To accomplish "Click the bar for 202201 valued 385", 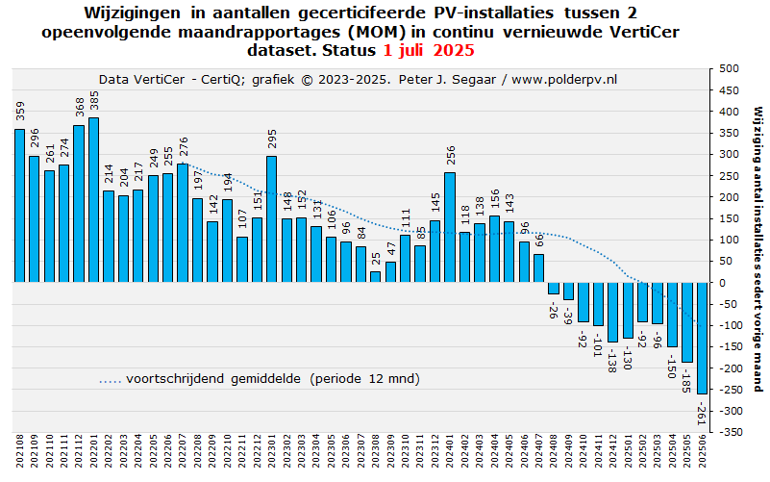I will point(93,200).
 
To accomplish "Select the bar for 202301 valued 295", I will point(271,219).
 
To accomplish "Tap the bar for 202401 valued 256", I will point(449,227).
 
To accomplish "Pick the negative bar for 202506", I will point(702,338).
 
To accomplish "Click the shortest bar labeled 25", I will point(375,277).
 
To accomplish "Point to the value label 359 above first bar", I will point(19,111).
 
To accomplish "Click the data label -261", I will point(703,413).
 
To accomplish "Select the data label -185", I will point(688,380).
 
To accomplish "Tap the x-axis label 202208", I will point(197,451).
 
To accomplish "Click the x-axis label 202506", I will point(702,451).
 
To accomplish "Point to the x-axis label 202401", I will point(449,451).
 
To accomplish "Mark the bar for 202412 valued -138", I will point(612,313).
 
